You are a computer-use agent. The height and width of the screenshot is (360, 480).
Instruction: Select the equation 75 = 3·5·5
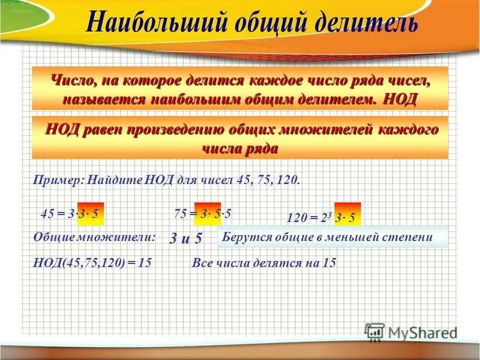pyautogui.click(x=203, y=213)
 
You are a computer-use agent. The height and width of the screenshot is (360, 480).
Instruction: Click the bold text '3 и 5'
pyautogui.click(x=185, y=239)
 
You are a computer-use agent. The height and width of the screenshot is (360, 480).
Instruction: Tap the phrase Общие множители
pyautogui.click(x=94, y=237)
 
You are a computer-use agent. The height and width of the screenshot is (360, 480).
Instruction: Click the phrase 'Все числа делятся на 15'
pyautogui.click(x=264, y=263)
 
